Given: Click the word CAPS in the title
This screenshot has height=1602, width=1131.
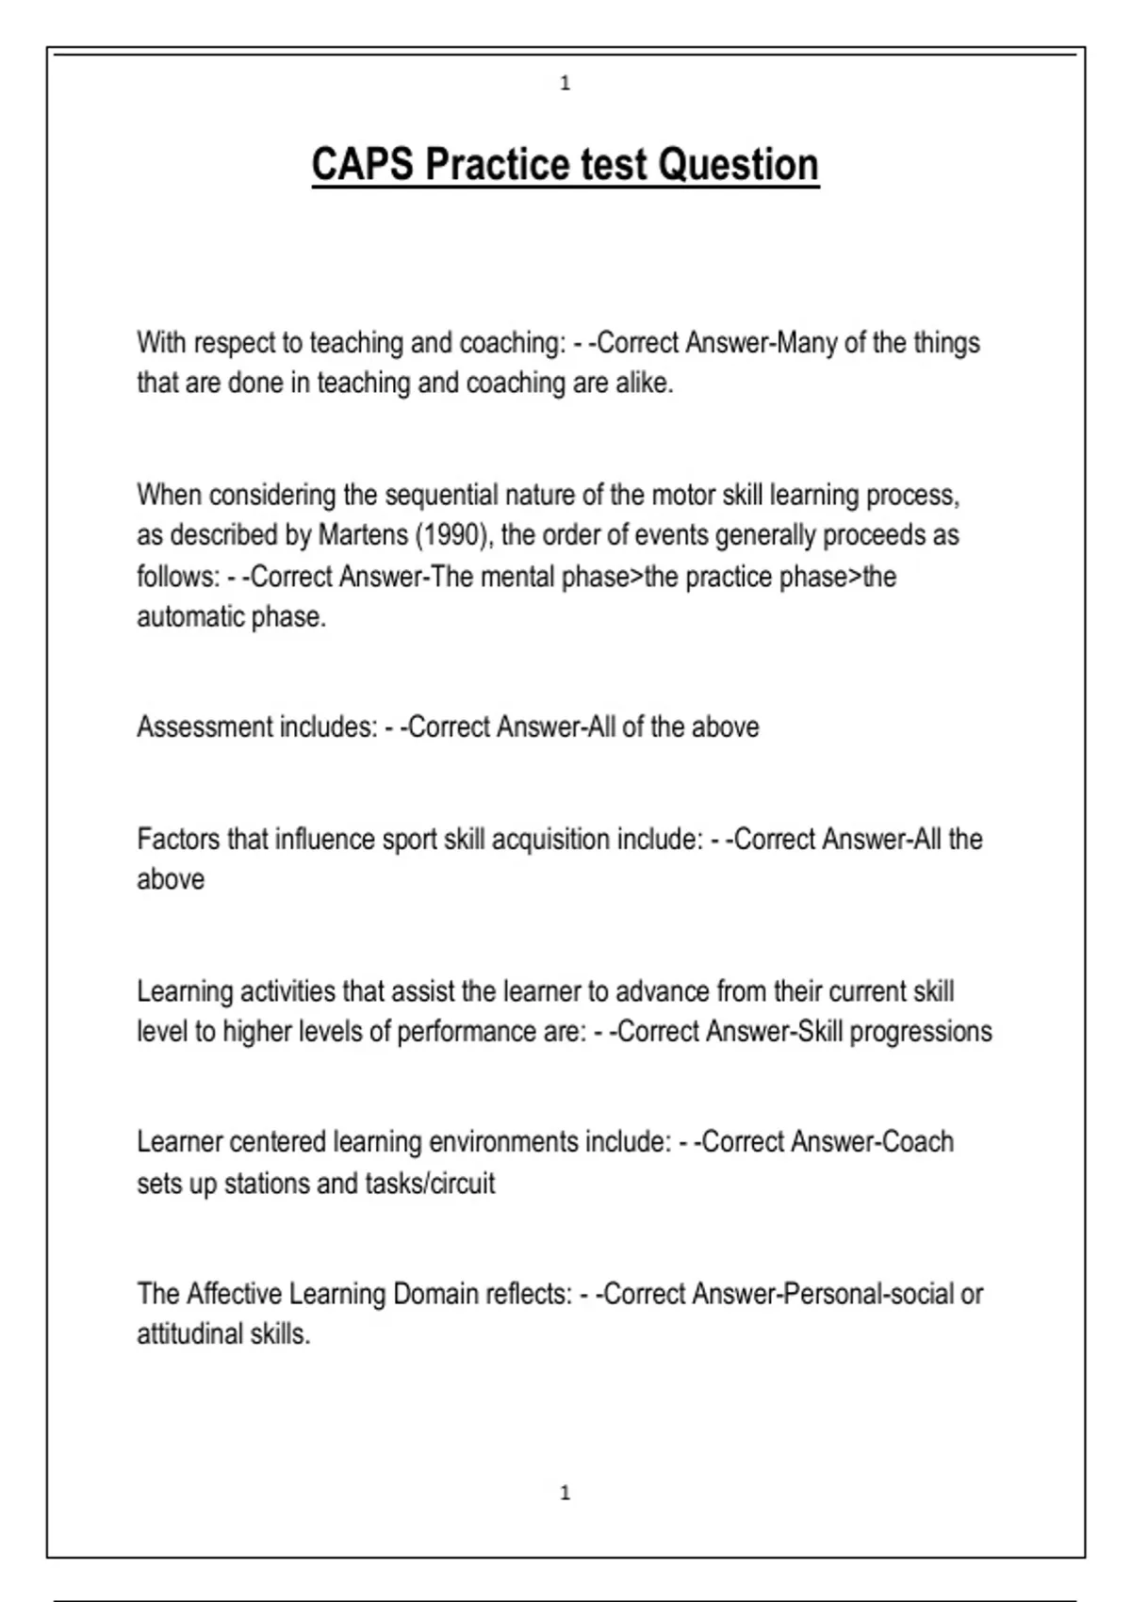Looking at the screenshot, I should point(362,165).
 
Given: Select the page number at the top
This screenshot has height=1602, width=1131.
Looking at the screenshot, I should point(565,84).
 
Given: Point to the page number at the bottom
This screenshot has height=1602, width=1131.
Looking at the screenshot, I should point(565,1493).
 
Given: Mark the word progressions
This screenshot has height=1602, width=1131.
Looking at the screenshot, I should point(921,1032).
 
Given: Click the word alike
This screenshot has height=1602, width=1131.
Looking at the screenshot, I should point(644,384).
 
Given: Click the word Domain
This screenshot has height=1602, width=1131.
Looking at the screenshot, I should point(435,1294).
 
